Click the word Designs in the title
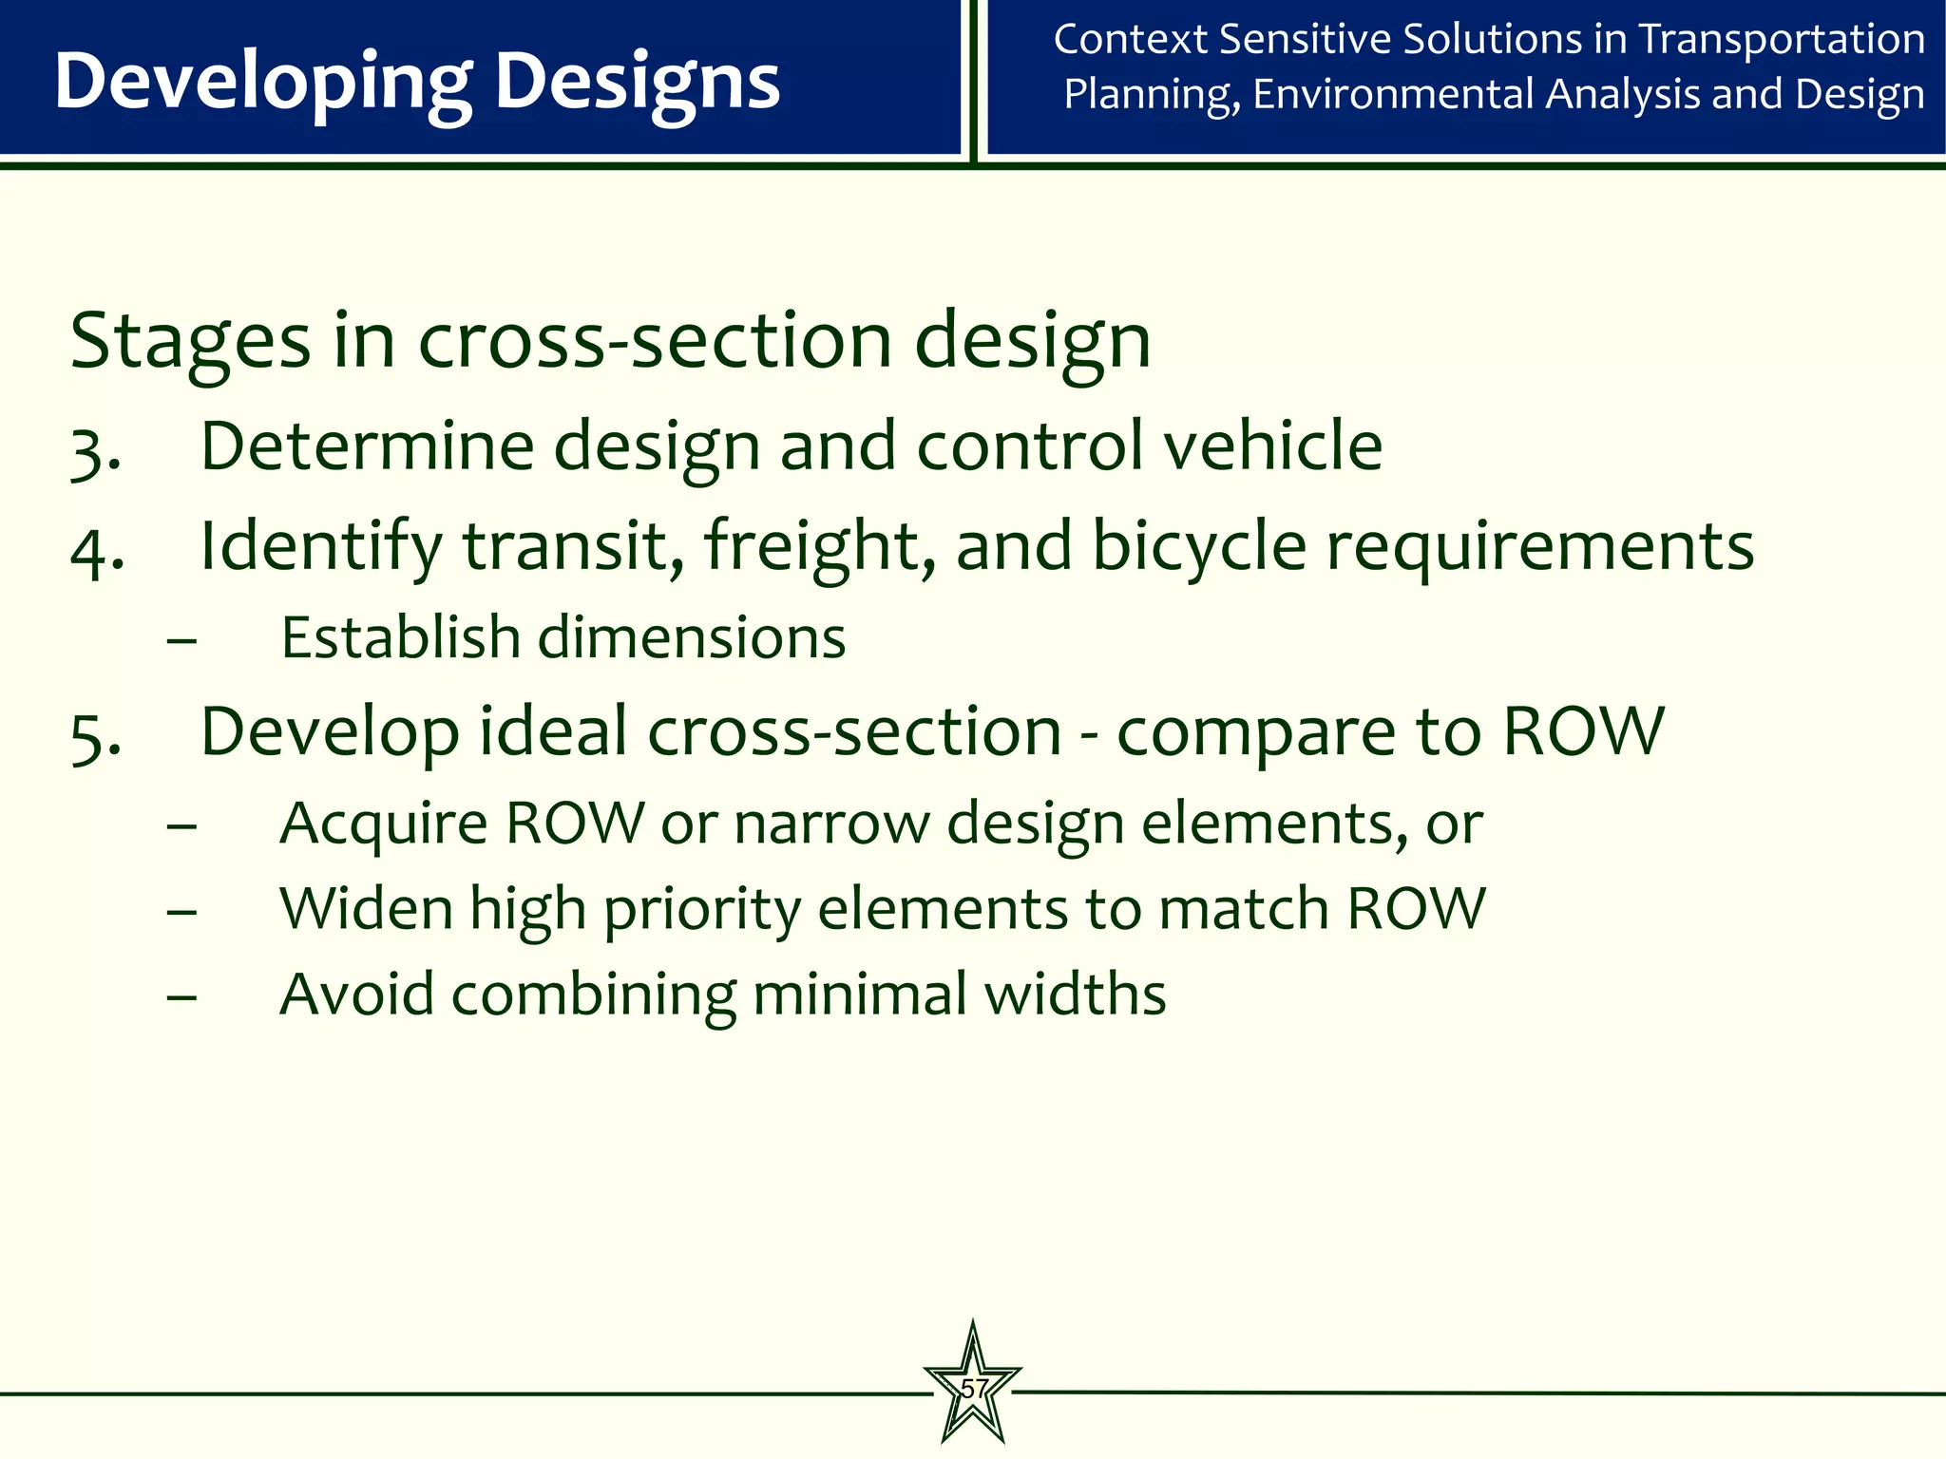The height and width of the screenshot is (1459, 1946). click(x=638, y=83)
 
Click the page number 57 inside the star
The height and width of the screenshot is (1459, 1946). click(x=974, y=1388)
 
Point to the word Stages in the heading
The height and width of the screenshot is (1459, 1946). click(x=190, y=340)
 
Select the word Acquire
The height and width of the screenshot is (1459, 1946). click(x=383, y=824)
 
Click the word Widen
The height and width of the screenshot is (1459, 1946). click(x=366, y=909)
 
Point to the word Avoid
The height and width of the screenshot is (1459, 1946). click(x=356, y=995)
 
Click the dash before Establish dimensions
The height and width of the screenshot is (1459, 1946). click(x=181, y=640)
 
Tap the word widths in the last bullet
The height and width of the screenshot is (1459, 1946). click(x=1075, y=995)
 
